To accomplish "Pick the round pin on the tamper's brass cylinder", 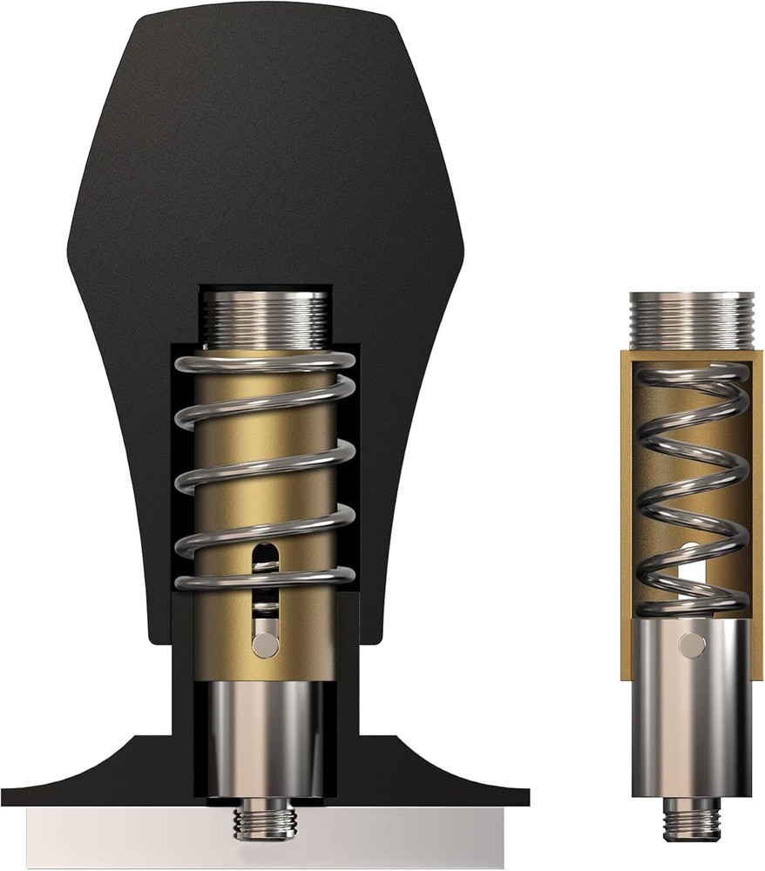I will pyautogui.click(x=265, y=645).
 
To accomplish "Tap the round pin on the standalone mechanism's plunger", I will pyautogui.click(x=693, y=644).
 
